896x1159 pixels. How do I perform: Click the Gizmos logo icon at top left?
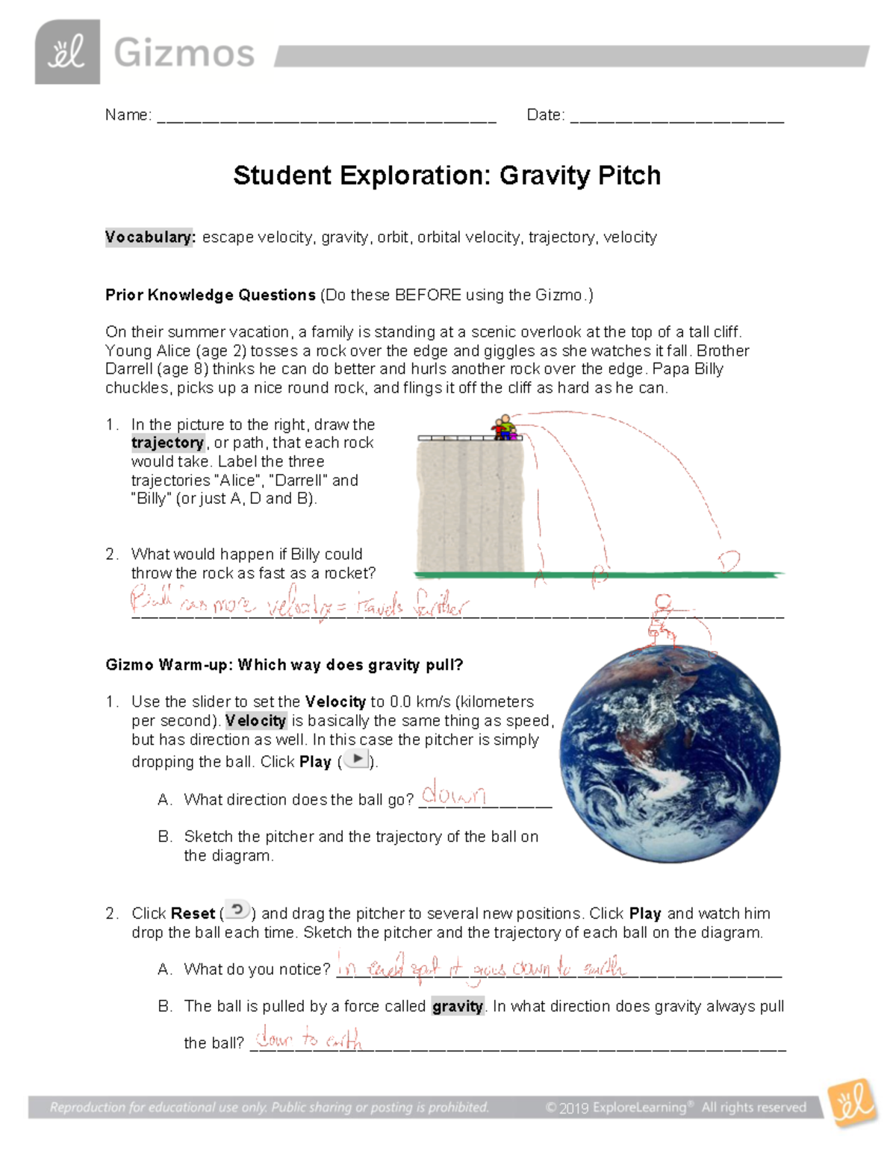[67, 52]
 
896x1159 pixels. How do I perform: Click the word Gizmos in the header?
[184, 54]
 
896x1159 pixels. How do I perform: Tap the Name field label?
[128, 115]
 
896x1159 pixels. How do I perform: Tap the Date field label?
[545, 115]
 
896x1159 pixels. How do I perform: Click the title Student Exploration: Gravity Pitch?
[447, 175]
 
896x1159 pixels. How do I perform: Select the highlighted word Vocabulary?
[149, 237]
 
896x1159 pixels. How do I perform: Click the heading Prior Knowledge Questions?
[211, 295]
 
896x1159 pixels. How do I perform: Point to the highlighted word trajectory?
[168, 443]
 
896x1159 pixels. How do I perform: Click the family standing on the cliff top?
[504, 428]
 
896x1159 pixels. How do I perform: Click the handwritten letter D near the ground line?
[728, 560]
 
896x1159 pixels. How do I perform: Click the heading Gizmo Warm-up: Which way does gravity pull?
[284, 665]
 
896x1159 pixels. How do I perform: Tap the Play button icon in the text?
[357, 760]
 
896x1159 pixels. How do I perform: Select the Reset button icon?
[237, 910]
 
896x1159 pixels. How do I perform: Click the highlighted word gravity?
[458, 1006]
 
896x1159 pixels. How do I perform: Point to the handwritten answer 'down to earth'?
[308, 1039]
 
